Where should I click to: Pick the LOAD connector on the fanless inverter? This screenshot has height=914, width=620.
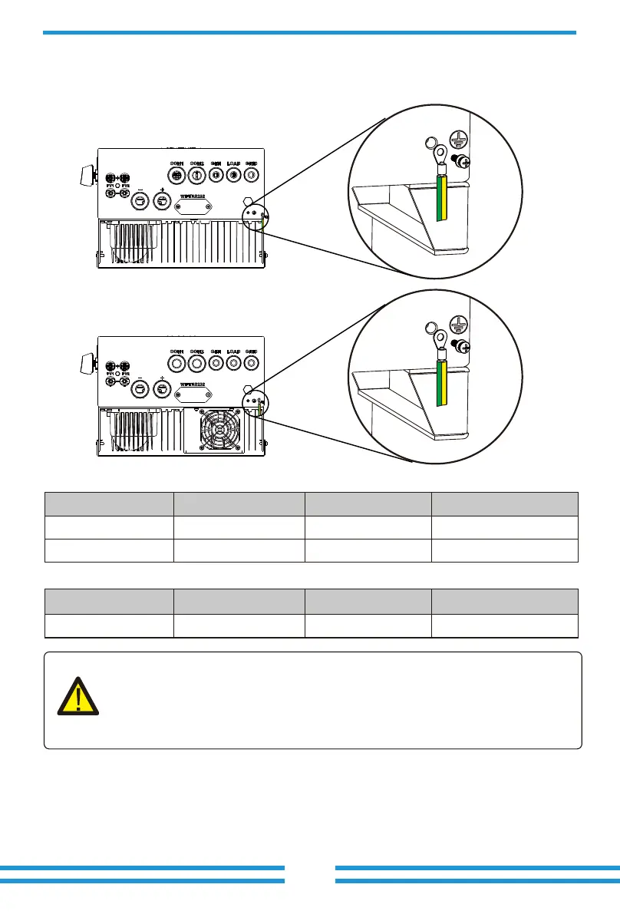pyautogui.click(x=232, y=175)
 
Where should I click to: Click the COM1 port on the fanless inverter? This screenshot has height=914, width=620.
pyautogui.click(x=176, y=175)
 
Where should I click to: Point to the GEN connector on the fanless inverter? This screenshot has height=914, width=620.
pyautogui.click(x=216, y=175)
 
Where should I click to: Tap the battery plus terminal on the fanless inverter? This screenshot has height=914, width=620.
pyautogui.click(x=162, y=201)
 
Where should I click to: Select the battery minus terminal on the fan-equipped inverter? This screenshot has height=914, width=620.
pyautogui.click(x=140, y=389)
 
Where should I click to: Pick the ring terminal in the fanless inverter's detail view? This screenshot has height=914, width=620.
pyautogui.click(x=441, y=157)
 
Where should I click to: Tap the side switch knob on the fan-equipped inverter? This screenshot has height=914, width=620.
pyautogui.click(x=86, y=361)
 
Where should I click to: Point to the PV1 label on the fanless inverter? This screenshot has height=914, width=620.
pyautogui.click(x=110, y=185)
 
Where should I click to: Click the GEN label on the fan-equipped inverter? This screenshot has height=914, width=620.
pyautogui.click(x=216, y=351)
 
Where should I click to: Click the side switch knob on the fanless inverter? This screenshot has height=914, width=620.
pyautogui.click(x=86, y=174)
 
